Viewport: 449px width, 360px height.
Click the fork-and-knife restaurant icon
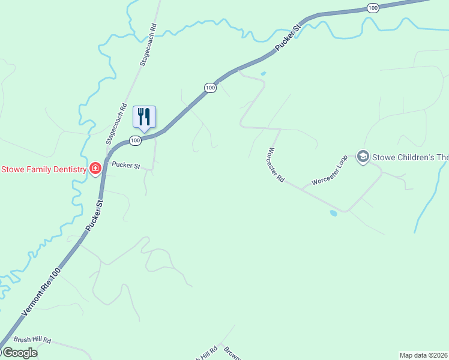[x=144, y=116]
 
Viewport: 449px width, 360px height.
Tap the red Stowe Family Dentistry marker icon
[x=95, y=169]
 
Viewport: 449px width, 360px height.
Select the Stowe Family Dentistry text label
[x=44, y=169]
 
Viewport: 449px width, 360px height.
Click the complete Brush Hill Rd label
[x=33, y=340]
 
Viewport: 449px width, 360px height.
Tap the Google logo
[x=19, y=353]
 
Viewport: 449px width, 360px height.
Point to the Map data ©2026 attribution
[x=424, y=355]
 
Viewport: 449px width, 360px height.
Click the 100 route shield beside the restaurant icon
[x=135, y=140]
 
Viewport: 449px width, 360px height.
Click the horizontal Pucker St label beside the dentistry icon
[x=125, y=165]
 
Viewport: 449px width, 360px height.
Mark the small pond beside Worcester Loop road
[x=334, y=212]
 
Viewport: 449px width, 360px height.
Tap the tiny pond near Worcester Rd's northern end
[x=263, y=74]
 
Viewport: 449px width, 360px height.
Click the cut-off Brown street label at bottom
[x=232, y=353]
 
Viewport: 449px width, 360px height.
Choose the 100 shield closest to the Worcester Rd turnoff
[x=209, y=88]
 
